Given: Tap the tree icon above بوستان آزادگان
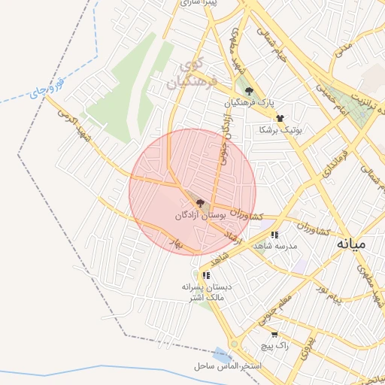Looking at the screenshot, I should pos(199,203).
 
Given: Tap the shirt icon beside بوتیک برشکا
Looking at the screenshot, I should pos(280,118).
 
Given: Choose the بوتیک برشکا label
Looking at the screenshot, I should pos(280,129).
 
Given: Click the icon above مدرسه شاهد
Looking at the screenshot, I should pos(274,235).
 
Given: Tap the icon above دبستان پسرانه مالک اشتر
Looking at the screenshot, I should pos(205,275).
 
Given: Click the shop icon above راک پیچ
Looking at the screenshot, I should pos(274,334).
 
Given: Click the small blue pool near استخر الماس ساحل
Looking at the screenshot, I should pos(220,353).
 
